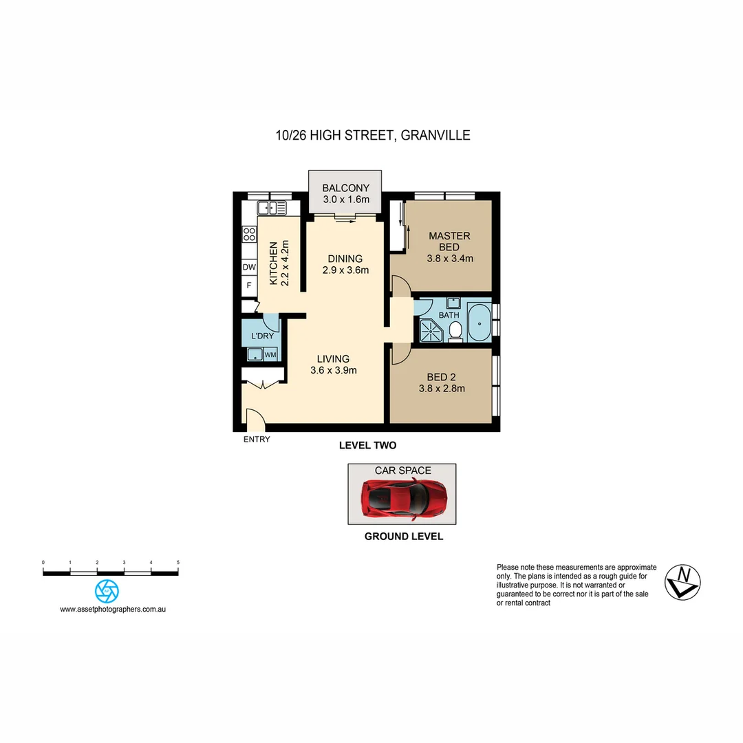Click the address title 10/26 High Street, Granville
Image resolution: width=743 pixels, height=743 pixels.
pos(371,136)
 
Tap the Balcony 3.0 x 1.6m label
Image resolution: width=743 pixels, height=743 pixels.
pos(346,193)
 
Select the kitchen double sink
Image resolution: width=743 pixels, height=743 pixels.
pos(272,207)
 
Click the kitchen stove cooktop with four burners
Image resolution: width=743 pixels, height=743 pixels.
pos(249,234)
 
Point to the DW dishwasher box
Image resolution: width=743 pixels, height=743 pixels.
pos(248,267)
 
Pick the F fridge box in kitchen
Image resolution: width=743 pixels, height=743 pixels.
pos(248,285)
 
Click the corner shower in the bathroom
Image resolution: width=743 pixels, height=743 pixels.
pos(430,329)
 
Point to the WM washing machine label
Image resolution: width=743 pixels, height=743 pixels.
pos(270,355)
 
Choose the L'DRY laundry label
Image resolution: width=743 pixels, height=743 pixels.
pos(261,336)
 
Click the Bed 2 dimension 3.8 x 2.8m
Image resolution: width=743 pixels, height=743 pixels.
pos(442,388)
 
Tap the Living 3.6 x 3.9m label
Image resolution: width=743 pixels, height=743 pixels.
pos(333,365)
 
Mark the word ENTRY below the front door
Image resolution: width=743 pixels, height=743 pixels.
pos(257,440)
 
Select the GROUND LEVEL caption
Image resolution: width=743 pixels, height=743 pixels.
pos(403,537)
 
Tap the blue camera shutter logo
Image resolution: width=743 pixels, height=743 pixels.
pos(107,591)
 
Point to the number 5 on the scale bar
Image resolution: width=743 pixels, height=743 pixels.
pos(177,563)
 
